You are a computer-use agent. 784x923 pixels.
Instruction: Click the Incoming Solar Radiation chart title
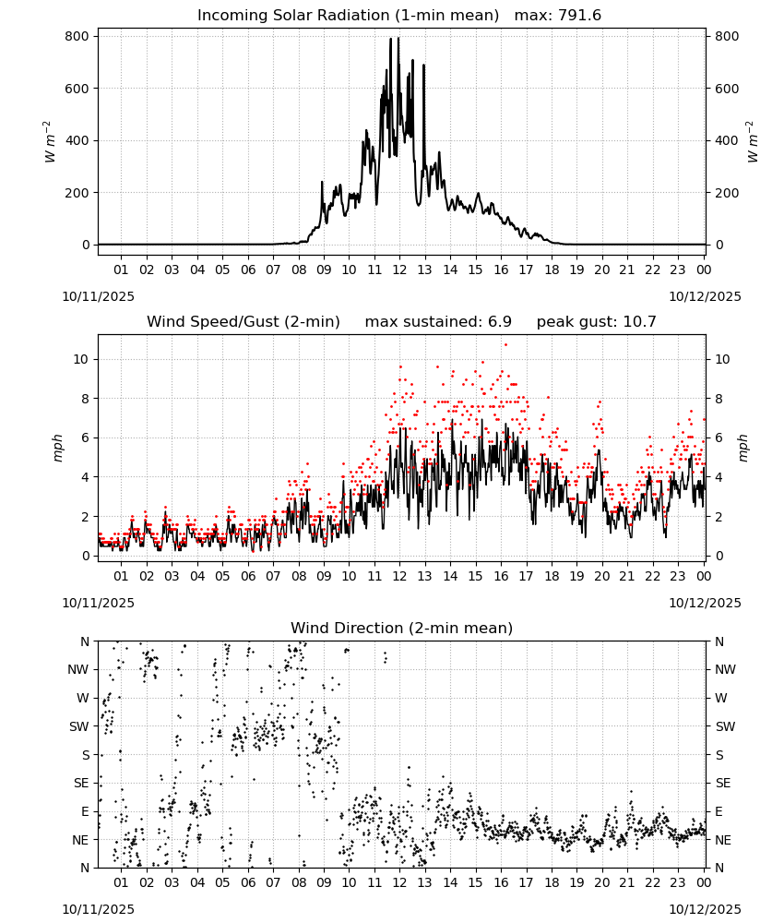[348, 15]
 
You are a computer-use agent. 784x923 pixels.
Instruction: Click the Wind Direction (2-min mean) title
[402, 628]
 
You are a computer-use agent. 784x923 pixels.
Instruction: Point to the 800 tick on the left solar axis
[77, 37]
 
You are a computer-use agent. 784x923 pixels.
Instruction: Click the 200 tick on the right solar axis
[727, 193]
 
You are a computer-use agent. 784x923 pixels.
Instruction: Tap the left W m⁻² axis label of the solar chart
[50, 142]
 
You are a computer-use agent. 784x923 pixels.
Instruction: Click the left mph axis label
[57, 448]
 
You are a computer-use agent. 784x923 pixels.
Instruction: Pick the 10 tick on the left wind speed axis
[81, 360]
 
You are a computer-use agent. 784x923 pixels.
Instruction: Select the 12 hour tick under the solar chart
[399, 270]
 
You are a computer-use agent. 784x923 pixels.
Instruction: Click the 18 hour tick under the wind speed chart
[552, 576]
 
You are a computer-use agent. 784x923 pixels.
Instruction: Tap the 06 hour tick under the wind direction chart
[248, 883]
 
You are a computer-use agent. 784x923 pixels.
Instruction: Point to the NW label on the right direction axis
[725, 669]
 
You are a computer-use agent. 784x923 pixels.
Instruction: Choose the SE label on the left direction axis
[81, 783]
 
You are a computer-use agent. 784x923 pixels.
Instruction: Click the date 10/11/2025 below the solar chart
[98, 296]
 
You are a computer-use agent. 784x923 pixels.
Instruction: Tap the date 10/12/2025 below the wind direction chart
[706, 909]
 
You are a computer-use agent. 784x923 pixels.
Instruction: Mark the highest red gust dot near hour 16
[505, 345]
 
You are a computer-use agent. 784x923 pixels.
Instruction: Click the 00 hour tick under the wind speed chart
[704, 576]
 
